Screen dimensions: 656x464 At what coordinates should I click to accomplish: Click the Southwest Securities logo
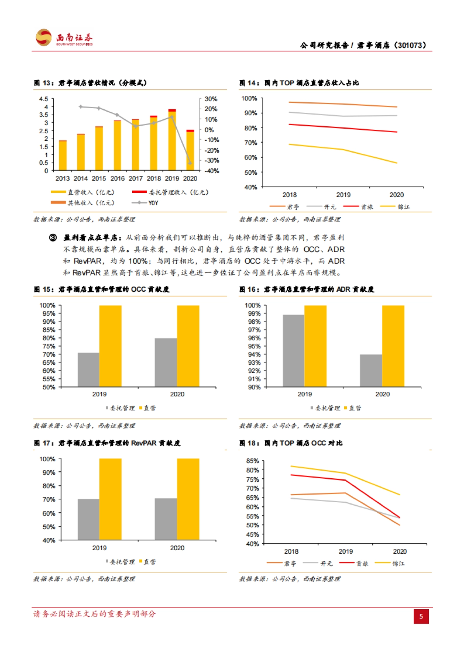tap(64, 38)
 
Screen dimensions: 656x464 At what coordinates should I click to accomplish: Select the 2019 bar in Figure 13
tap(172, 140)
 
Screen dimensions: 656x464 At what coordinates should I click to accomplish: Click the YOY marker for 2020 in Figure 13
tap(190, 163)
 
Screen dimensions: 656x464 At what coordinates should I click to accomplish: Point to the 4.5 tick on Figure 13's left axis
tap(44, 99)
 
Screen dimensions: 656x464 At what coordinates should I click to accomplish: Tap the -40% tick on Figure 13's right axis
tap(212, 171)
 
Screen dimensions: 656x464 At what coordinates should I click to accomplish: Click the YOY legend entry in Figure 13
tap(145, 203)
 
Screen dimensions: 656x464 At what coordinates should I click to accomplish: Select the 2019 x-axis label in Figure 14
tap(343, 195)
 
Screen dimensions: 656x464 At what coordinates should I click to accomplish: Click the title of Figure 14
tap(299, 83)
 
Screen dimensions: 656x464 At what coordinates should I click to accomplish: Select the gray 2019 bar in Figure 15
tap(88, 370)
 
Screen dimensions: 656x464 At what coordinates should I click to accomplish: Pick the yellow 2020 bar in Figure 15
tap(188, 346)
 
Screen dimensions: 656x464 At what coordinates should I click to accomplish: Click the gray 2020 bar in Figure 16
tap(371, 370)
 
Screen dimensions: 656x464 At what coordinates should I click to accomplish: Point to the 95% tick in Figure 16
tap(254, 346)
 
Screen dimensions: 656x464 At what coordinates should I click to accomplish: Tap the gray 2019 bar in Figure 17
tap(88, 519)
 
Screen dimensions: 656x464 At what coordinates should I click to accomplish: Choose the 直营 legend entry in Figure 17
tap(148, 562)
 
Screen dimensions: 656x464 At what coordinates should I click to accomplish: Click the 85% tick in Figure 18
tap(252, 461)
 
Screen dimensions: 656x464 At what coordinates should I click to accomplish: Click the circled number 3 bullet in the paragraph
tap(53, 238)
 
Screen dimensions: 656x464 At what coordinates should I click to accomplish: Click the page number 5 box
tap(421, 616)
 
